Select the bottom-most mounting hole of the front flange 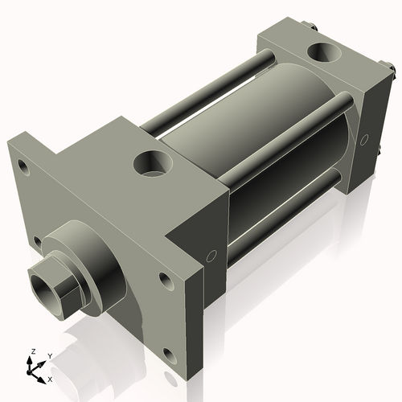[x=167, y=352]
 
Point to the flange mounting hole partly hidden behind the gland [x=37, y=240]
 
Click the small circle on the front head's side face [x=211, y=257]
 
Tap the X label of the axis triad [x=51, y=378]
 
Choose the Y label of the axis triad [x=49, y=355]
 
